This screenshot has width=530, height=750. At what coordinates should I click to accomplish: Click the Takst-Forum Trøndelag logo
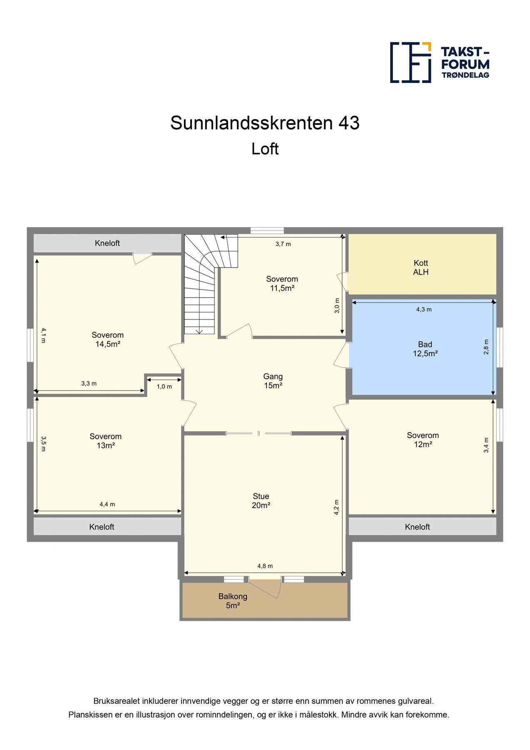[x=440, y=62]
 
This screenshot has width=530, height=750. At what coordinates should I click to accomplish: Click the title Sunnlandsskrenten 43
[x=265, y=123]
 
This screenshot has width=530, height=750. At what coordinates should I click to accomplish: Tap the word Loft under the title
[x=265, y=149]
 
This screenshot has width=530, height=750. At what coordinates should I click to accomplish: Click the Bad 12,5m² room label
[x=425, y=349]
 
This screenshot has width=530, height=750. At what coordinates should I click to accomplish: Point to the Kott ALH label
[x=421, y=267]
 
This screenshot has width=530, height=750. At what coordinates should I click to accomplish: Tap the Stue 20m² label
[x=261, y=501]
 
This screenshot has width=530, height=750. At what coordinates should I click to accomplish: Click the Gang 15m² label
[x=273, y=381]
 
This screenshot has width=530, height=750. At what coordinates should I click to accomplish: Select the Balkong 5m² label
[x=233, y=601]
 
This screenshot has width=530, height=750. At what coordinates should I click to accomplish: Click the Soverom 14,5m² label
[x=108, y=340]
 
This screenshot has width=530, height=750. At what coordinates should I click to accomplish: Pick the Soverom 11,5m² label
[x=282, y=283]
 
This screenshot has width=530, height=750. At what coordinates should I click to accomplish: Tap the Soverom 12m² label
[x=423, y=440]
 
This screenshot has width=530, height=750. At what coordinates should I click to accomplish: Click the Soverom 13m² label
[x=106, y=441]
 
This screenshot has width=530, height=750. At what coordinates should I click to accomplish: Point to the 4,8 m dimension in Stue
[x=265, y=566]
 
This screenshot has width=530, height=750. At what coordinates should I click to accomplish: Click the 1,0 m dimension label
[x=164, y=386]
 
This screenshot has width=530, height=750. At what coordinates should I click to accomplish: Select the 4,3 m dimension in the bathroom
[x=424, y=309]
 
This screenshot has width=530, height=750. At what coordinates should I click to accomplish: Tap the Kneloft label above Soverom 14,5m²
[x=107, y=243]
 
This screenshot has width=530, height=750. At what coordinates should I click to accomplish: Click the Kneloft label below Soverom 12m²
[x=417, y=527]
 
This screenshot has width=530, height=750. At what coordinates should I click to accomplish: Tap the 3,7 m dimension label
[x=283, y=244]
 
